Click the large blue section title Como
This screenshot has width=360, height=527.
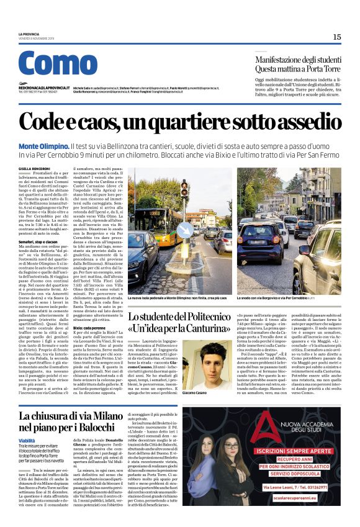click(58, 65)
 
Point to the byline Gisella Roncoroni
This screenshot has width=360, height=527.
click(32, 169)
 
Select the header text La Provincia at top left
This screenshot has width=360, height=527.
click(29, 34)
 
